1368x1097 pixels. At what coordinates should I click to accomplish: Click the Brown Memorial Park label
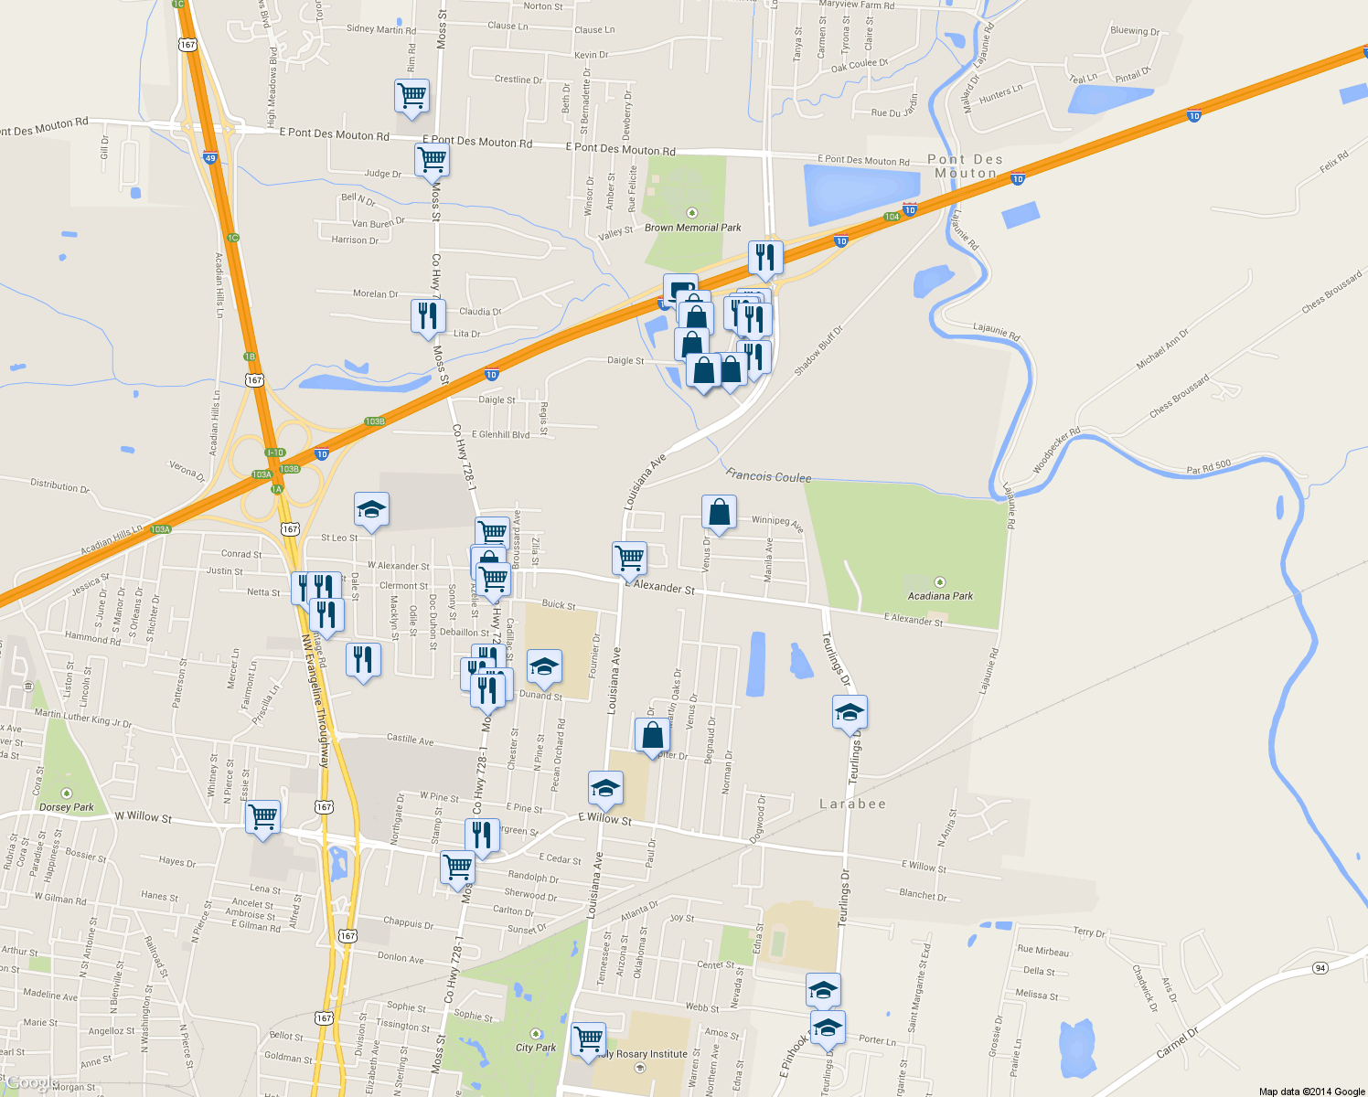point(692,228)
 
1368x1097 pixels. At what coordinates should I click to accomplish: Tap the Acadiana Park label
point(940,596)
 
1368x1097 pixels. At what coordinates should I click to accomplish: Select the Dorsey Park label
point(67,807)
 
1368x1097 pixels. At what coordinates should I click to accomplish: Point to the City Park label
point(536,1048)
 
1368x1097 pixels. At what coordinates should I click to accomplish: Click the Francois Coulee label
point(768,476)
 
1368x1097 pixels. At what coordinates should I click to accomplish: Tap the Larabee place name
point(852,804)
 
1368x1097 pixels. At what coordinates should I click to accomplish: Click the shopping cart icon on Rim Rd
point(412,95)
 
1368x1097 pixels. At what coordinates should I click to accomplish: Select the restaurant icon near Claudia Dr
point(428,316)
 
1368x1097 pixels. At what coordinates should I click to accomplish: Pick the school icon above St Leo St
point(371,510)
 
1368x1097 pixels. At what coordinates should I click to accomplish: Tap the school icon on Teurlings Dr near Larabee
point(850,712)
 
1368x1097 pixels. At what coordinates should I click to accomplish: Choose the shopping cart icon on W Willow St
point(263,815)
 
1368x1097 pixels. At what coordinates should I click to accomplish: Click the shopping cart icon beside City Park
point(588,1039)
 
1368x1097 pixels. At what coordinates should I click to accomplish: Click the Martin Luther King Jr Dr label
point(82,719)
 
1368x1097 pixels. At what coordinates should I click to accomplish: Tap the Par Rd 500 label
point(1208,468)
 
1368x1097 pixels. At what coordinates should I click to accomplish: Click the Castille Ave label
point(410,739)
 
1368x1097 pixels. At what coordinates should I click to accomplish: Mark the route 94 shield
point(1320,968)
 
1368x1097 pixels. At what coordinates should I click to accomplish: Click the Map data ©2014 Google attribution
point(1311,1091)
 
